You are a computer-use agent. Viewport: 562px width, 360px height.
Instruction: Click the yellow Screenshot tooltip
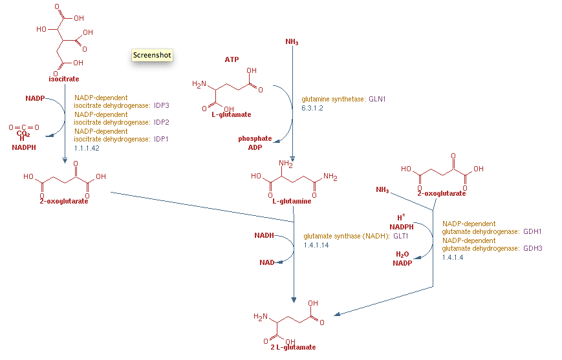(x=152, y=56)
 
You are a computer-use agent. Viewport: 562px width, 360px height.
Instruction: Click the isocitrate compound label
(x=63, y=79)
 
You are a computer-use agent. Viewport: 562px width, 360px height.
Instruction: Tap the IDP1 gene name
(x=161, y=139)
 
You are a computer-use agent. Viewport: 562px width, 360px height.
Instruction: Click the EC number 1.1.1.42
(x=86, y=148)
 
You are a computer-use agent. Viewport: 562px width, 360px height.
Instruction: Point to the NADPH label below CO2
(x=25, y=147)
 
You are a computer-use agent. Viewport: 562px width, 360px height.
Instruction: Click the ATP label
(x=232, y=59)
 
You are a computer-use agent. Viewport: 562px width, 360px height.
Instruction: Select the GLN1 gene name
(x=377, y=100)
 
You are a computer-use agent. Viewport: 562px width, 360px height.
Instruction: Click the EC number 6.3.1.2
(x=312, y=108)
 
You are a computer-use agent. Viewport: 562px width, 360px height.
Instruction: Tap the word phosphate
(x=255, y=138)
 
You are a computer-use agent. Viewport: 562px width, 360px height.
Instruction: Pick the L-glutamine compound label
(x=291, y=201)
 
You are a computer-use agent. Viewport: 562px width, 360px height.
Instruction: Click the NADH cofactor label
(x=264, y=235)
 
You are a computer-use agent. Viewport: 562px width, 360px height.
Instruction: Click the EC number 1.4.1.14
(x=316, y=246)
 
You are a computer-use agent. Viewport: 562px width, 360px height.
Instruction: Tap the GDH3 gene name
(x=532, y=248)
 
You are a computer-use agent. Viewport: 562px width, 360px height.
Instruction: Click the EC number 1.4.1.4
(x=452, y=257)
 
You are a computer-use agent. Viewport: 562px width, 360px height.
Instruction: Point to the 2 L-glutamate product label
(x=293, y=347)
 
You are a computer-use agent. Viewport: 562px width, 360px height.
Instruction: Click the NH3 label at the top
(x=292, y=42)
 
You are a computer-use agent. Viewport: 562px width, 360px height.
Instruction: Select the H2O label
(x=402, y=255)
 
